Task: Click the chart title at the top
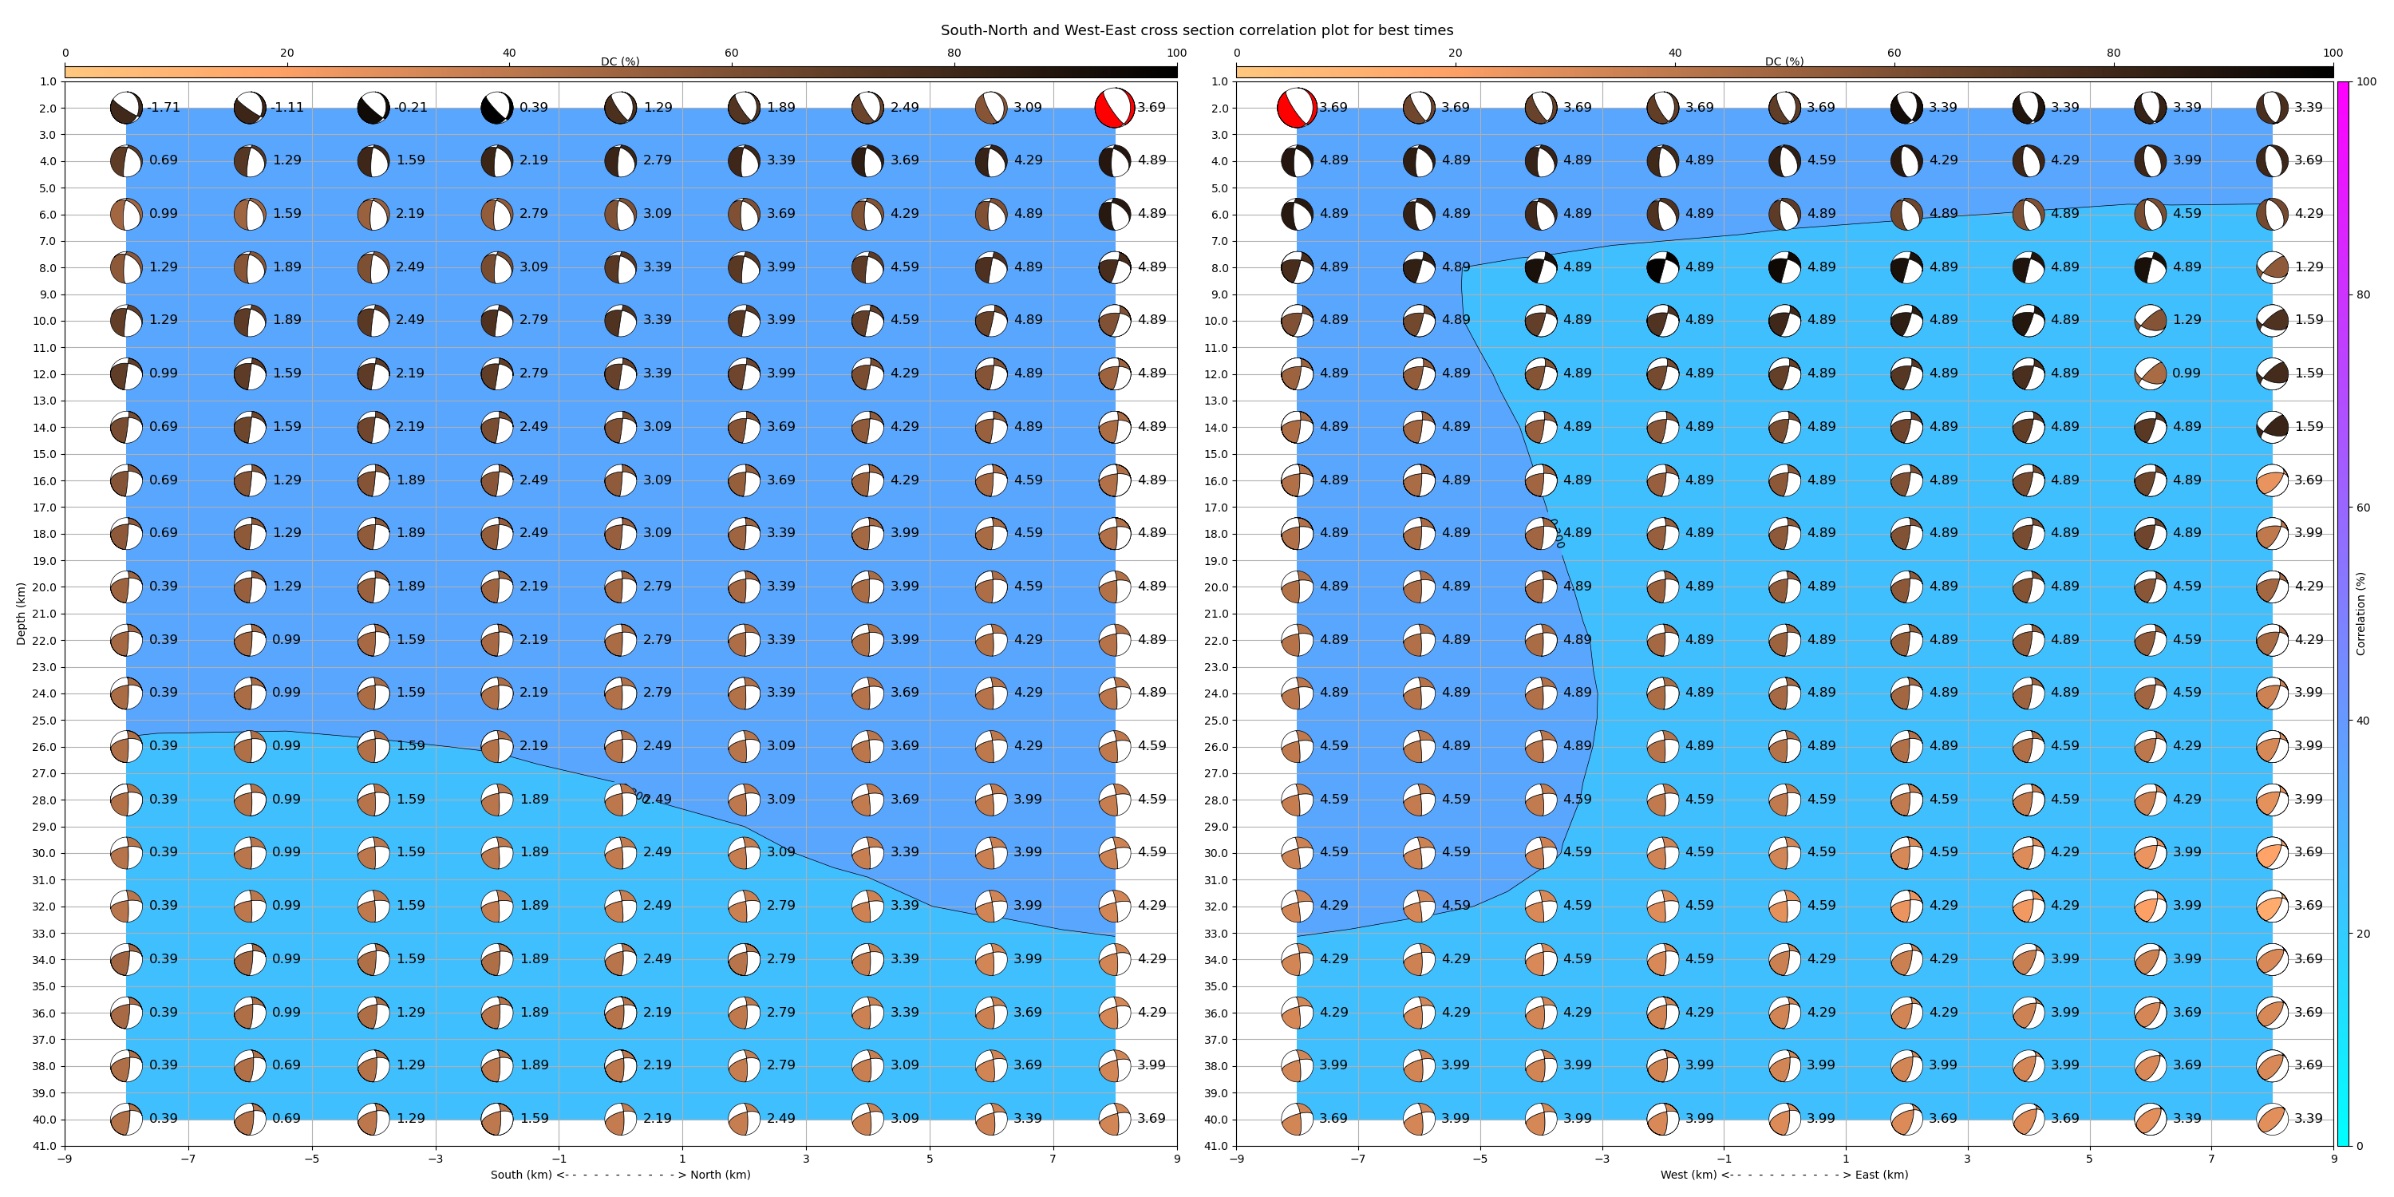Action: (x=1196, y=30)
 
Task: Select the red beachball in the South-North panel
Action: (x=1114, y=108)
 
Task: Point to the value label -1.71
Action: (x=164, y=108)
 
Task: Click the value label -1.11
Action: (x=287, y=108)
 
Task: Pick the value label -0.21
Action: (x=411, y=108)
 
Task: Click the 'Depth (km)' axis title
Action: (x=21, y=614)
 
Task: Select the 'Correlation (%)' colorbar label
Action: (x=2360, y=614)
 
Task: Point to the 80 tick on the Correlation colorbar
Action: (x=2364, y=294)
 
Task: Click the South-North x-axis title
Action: (x=620, y=1175)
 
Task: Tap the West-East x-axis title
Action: (x=1784, y=1175)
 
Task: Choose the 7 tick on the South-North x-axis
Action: (x=1053, y=1159)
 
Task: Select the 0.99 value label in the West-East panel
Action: (x=2187, y=373)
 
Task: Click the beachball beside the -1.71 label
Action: (x=125, y=108)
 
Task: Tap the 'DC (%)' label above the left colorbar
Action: (x=620, y=61)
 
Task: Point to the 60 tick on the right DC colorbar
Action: (x=1894, y=53)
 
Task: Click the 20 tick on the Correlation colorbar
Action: (x=2364, y=934)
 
